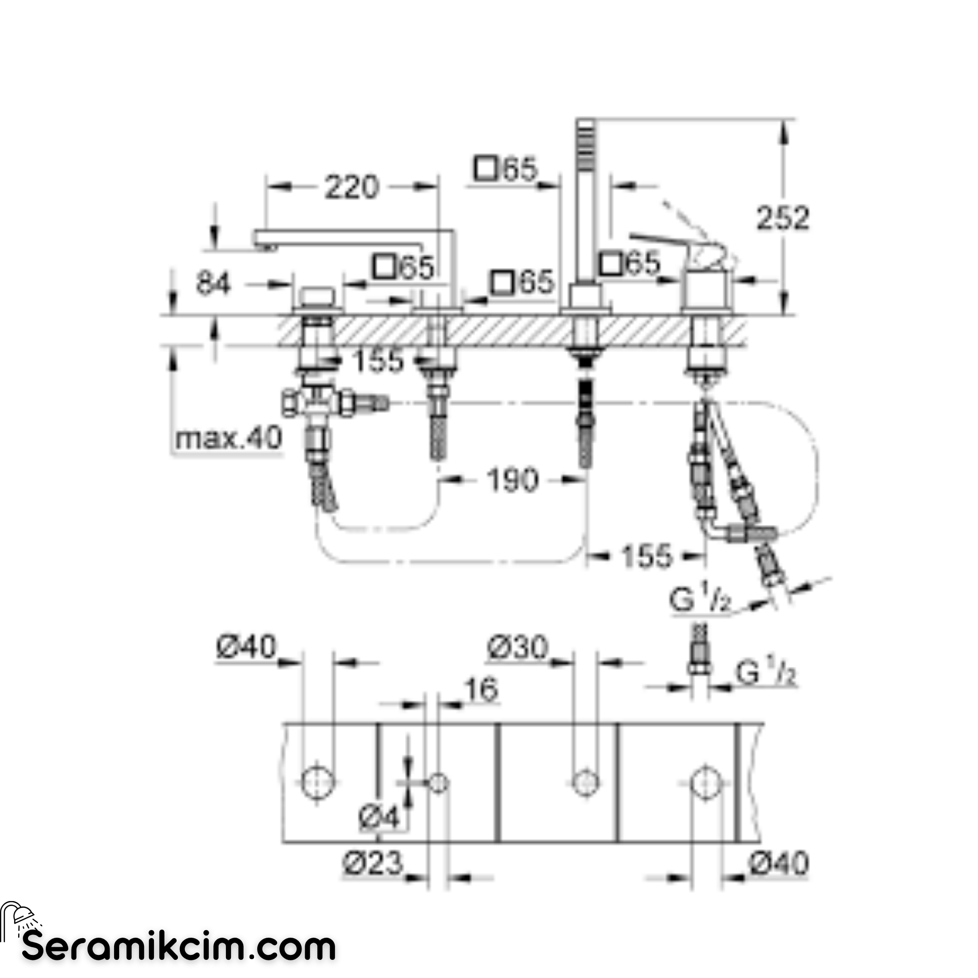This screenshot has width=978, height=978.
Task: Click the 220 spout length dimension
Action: (351, 187)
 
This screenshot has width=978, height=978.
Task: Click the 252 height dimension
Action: (782, 218)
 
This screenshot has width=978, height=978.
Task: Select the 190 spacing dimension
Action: (512, 480)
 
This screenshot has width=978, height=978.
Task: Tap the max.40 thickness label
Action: (228, 438)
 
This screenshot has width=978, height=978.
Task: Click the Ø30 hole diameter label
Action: (518, 647)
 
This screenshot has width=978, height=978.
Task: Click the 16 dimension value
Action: (481, 689)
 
